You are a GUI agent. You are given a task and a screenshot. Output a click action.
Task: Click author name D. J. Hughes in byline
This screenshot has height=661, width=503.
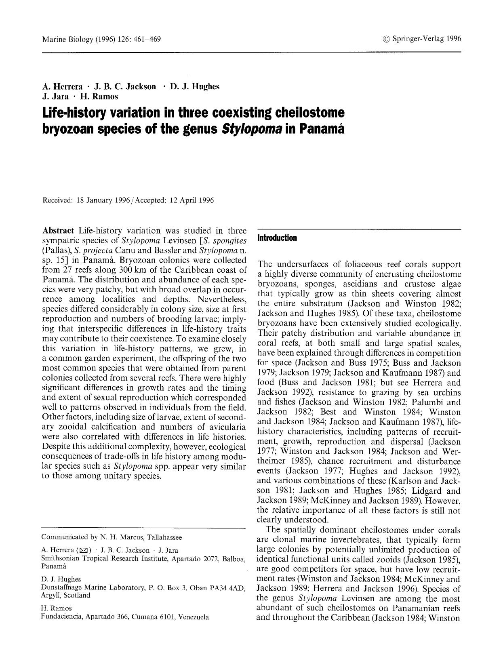coord(195,86)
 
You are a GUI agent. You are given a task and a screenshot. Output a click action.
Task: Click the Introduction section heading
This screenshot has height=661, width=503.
coord(277,238)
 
